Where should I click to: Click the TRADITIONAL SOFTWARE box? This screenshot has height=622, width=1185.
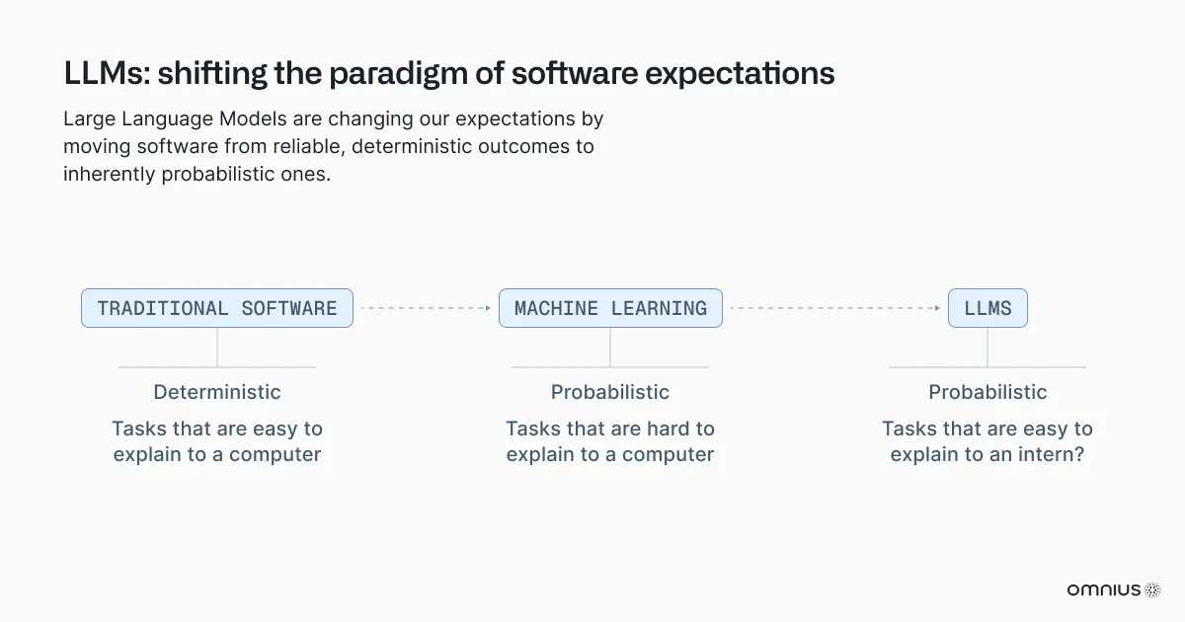pyautogui.click(x=217, y=308)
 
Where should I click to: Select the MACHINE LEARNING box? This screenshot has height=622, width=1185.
pyautogui.click(x=610, y=308)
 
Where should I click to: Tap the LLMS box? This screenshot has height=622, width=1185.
pyautogui.click(x=987, y=308)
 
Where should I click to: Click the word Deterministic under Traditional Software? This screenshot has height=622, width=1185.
pyautogui.click(x=217, y=392)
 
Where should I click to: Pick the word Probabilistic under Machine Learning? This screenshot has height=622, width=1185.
pyautogui.click(x=610, y=392)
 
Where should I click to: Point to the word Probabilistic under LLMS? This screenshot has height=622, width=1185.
pyautogui.click(x=987, y=392)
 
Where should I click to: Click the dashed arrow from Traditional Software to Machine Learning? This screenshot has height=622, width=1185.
pyautogui.click(x=425, y=308)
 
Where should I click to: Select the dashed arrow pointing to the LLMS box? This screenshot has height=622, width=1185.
pyautogui.click(x=834, y=308)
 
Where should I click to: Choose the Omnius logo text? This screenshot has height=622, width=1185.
pyautogui.click(x=1103, y=589)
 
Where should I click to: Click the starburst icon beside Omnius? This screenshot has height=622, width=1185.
pyautogui.click(x=1152, y=589)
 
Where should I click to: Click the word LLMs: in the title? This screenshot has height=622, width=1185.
pyautogui.click(x=106, y=74)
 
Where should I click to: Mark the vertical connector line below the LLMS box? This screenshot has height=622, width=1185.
pyautogui.click(x=987, y=348)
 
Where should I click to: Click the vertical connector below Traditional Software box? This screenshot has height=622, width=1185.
pyautogui.click(x=217, y=348)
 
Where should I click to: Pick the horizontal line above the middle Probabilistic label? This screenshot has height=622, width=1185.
pyautogui.click(x=610, y=367)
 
